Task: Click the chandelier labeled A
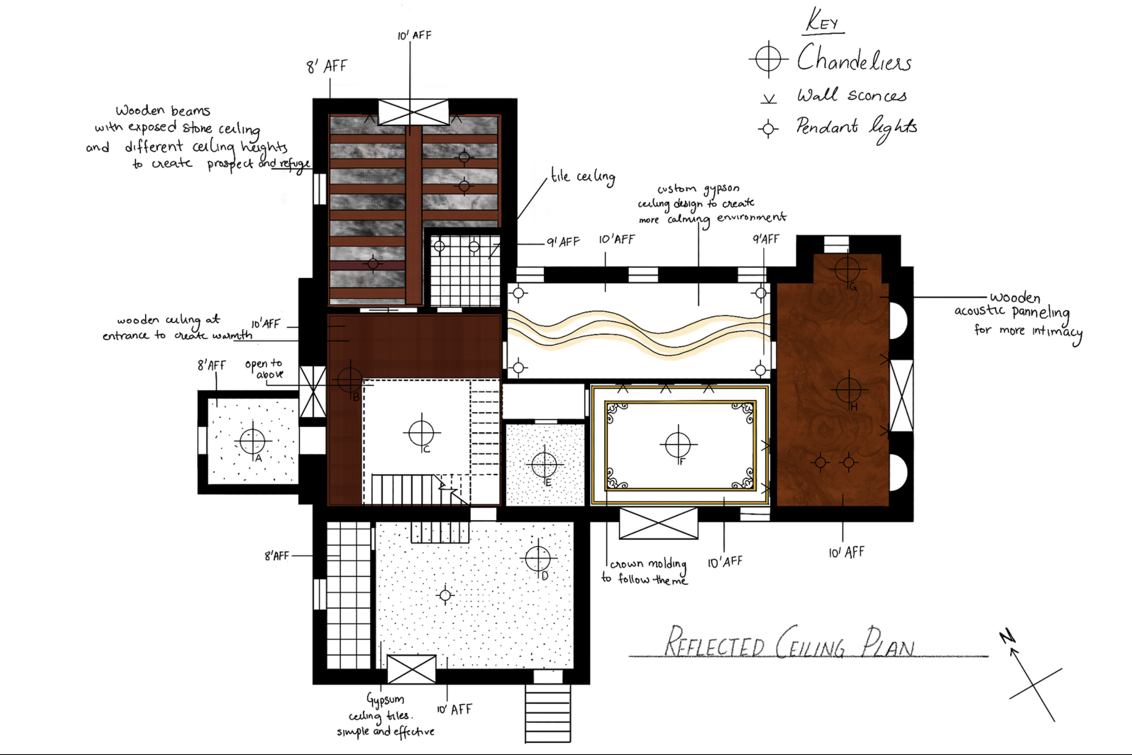click(x=253, y=441)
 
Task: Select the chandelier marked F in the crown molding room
click(x=678, y=444)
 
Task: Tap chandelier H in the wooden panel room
click(x=849, y=389)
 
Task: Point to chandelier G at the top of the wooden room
click(x=847, y=269)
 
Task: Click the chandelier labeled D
click(x=537, y=558)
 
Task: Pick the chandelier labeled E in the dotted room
click(x=544, y=465)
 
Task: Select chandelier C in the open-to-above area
click(x=422, y=433)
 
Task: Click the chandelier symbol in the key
click(x=768, y=59)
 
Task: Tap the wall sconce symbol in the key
click(x=768, y=99)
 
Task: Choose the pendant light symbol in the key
click(x=768, y=129)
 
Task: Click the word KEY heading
click(x=823, y=21)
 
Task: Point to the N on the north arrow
click(x=1007, y=637)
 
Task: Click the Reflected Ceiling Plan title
click(x=789, y=643)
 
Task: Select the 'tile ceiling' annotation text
click(x=582, y=177)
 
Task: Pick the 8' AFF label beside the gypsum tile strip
click(x=277, y=556)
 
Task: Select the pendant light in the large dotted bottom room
click(x=445, y=596)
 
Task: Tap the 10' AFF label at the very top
click(x=414, y=35)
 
